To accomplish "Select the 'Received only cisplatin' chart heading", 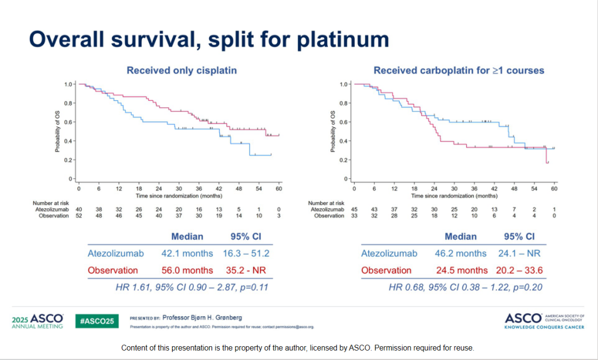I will tap(182, 70).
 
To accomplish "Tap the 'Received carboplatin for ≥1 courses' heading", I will tap(459, 70).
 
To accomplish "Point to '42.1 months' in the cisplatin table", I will tap(187, 253).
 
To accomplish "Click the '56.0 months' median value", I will tap(187, 270).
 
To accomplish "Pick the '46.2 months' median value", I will tap(461, 253).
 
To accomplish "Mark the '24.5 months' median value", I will tap(461, 270).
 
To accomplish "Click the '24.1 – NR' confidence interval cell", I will tap(519, 253).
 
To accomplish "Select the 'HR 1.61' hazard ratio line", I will tap(192, 287).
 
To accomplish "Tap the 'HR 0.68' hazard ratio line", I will tap(465, 287).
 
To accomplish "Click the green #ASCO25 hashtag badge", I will tap(97, 321).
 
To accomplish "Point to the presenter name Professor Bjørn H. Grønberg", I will tap(202, 318).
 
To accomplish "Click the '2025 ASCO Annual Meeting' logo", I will tap(38, 321).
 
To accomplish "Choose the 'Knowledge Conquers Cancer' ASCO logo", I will tap(545, 321).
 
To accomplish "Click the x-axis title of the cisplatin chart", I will tap(179, 196).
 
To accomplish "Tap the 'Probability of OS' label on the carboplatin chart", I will tap(333, 131).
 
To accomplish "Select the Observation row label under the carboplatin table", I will tap(386, 270).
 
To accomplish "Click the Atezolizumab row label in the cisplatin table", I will tap(116, 253).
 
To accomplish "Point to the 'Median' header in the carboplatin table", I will tap(461, 236).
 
